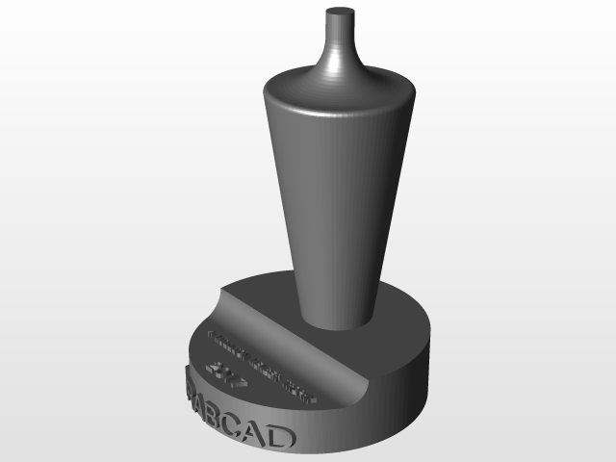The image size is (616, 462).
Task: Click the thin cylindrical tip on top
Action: click(338, 23)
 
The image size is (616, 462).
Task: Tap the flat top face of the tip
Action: click(338, 12)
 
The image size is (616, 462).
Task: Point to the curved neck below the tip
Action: click(338, 58)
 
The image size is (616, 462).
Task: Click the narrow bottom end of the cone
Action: click(337, 313)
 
